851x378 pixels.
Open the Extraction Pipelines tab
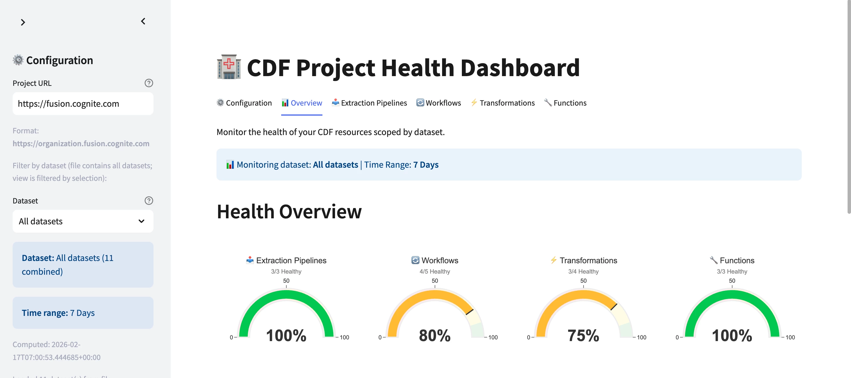pos(369,103)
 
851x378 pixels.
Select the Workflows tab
pos(438,103)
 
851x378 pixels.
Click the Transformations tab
pos(503,103)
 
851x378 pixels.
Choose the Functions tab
pos(565,103)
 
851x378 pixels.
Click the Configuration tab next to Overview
pos(244,103)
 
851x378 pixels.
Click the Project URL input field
pos(82,104)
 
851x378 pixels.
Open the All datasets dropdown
pos(82,221)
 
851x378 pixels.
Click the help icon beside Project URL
pos(149,83)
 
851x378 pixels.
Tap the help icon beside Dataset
pos(149,201)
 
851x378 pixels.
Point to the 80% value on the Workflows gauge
pos(434,335)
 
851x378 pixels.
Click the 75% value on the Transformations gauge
pos(583,335)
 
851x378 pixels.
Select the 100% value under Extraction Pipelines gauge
pos(286,335)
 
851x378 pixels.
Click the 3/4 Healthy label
pos(583,271)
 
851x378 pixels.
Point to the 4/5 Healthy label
pos(434,271)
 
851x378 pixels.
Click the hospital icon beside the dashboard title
pos(228,67)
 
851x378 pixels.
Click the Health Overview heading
pos(289,211)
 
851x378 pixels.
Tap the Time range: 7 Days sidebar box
pos(82,313)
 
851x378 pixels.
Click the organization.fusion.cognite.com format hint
pos(81,144)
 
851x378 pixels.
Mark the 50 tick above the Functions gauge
pos(732,281)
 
